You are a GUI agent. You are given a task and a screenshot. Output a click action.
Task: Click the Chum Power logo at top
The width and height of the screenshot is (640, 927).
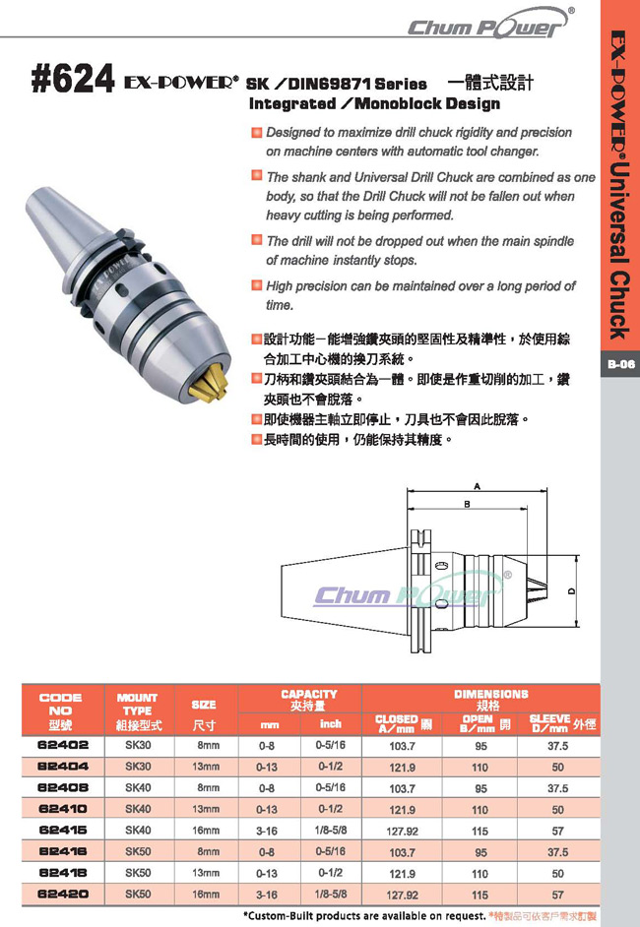pyautogui.click(x=489, y=25)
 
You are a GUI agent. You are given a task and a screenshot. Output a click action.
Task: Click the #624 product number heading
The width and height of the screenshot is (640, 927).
pyautogui.click(x=72, y=80)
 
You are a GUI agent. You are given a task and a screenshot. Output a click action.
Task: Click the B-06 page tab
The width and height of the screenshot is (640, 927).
pyautogui.click(x=620, y=363)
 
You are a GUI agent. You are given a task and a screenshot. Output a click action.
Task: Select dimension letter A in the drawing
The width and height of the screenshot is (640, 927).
pyautogui.click(x=477, y=486)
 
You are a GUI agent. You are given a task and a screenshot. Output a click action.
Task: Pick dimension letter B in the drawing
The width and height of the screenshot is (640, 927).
pyautogui.click(x=468, y=504)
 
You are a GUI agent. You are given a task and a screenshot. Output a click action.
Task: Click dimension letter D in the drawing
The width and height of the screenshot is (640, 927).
pyautogui.click(x=571, y=590)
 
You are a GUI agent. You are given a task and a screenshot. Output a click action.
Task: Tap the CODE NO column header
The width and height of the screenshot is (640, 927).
pyautogui.click(x=60, y=711)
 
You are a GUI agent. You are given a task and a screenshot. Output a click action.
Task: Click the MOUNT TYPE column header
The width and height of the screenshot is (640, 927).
pyautogui.click(x=138, y=711)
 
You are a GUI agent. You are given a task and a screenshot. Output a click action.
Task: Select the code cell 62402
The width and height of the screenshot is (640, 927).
pyautogui.click(x=63, y=745)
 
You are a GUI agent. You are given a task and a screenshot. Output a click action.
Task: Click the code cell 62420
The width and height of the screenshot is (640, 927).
pyautogui.click(x=63, y=894)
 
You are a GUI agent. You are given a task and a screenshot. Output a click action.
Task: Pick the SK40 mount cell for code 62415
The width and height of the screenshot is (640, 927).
pyautogui.click(x=138, y=830)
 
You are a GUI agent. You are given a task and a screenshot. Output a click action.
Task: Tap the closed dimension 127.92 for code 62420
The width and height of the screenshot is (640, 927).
pyautogui.click(x=403, y=896)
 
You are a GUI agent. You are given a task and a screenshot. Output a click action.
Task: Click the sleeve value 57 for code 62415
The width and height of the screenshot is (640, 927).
pyautogui.click(x=557, y=832)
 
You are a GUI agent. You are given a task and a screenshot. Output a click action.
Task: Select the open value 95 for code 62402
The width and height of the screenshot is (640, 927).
pyautogui.click(x=480, y=746)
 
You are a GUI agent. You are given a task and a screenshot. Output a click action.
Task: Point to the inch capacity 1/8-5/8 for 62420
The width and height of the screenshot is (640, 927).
pyautogui.click(x=331, y=894)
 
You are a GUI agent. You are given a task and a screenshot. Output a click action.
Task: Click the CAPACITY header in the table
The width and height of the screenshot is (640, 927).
pyautogui.click(x=309, y=694)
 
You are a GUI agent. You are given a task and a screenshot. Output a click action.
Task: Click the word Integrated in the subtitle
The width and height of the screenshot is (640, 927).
pyautogui.click(x=292, y=104)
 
